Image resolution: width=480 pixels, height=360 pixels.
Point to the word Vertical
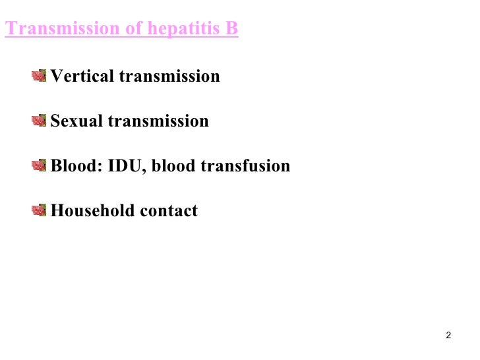pyautogui.click(x=82, y=76)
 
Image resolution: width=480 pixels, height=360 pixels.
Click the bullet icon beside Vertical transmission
pyautogui.click(x=40, y=76)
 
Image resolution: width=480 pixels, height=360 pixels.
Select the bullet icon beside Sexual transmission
pyautogui.click(x=40, y=121)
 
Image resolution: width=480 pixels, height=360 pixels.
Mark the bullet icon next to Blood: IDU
pyautogui.click(x=40, y=165)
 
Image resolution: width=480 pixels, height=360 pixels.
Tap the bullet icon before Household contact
pyautogui.click(x=40, y=210)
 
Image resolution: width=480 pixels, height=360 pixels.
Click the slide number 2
pyautogui.click(x=448, y=336)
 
